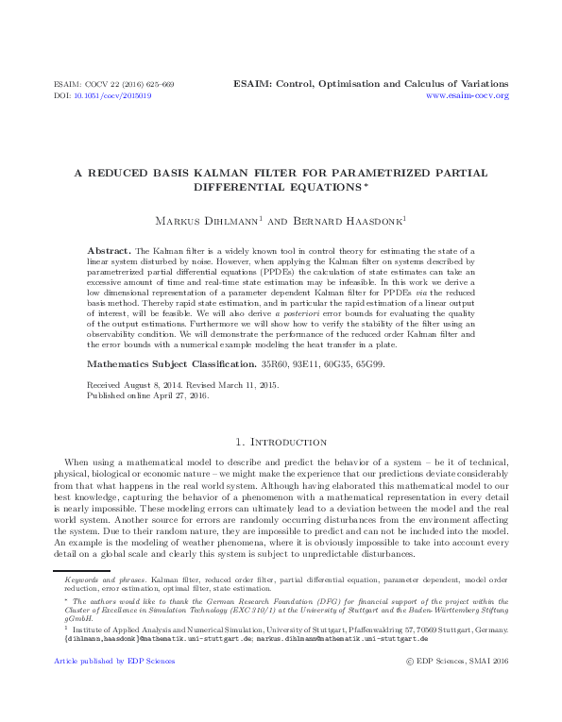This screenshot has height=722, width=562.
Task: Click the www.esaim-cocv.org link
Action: (468, 96)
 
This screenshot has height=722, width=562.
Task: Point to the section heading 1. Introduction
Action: (281, 442)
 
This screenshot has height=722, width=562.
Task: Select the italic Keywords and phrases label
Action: (106, 576)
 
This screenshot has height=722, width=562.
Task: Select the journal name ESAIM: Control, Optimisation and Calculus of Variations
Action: (370, 84)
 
